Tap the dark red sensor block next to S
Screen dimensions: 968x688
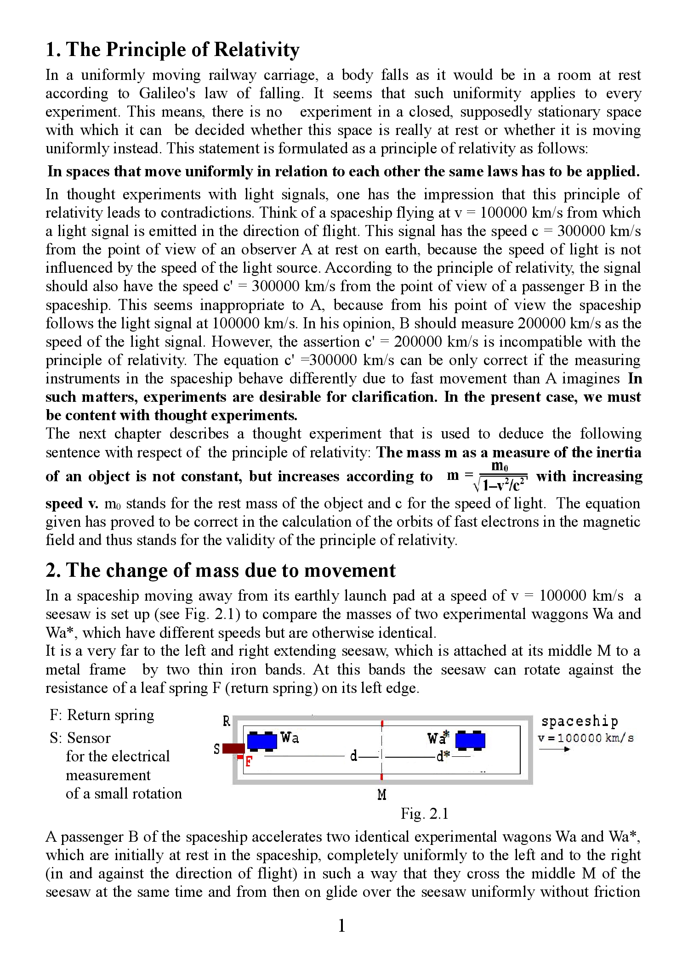click(x=233, y=749)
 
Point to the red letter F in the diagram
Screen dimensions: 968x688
click(x=249, y=762)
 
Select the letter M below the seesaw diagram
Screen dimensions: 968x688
click(x=381, y=794)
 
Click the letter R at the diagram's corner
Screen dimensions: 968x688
click(x=226, y=721)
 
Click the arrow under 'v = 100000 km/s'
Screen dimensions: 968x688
click(x=555, y=749)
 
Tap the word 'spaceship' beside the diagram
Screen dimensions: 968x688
click(x=580, y=721)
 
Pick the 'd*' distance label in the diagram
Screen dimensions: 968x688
click(x=443, y=756)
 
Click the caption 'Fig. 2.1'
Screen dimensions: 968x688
click(x=424, y=813)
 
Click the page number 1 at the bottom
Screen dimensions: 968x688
click(x=341, y=925)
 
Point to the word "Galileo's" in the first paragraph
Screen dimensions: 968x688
click(x=167, y=93)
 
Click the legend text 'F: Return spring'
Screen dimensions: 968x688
click(x=102, y=715)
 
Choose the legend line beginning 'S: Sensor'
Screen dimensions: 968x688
click(x=80, y=738)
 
